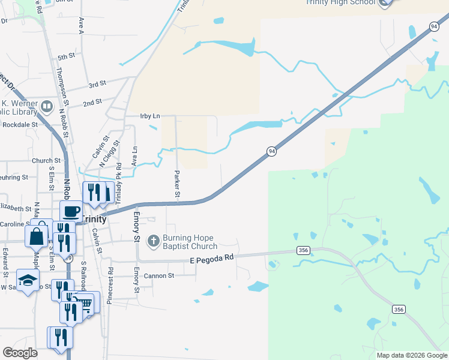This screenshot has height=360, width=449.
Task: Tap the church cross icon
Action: click(153, 241)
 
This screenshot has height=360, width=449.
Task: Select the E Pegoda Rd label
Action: click(211, 259)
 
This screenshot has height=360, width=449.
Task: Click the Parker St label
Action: click(177, 183)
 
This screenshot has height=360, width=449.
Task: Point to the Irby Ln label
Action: click(150, 116)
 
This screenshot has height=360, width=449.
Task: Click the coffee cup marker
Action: click(71, 211)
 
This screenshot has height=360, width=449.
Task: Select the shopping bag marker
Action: click(37, 235)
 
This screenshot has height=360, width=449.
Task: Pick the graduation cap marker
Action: click(27, 280)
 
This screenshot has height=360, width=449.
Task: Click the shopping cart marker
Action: click(86, 303)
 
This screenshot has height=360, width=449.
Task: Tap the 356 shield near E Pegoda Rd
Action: click(303, 251)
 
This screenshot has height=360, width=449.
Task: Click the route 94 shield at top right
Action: click(433, 26)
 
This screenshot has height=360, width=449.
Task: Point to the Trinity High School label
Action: click(340, 2)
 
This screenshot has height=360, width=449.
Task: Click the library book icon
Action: click(47, 107)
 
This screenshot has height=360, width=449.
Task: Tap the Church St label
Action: click(46, 161)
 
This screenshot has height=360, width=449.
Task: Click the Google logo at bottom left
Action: click(20, 353)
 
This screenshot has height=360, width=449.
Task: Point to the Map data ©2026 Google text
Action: click(412, 355)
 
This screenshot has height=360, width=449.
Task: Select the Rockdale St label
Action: click(20, 125)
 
